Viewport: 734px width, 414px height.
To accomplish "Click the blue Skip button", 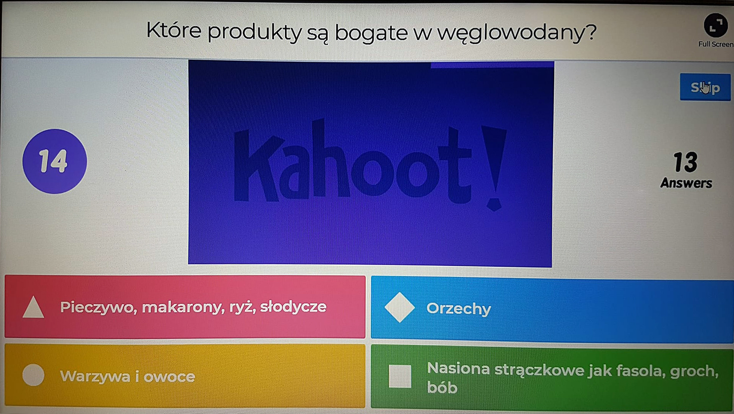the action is (x=705, y=87).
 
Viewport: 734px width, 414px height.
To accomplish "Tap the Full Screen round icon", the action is (x=716, y=25).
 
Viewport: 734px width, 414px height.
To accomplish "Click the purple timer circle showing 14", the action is (x=55, y=161).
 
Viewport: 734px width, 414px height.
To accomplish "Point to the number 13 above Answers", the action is (x=686, y=162).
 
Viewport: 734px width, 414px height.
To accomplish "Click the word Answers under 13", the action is (x=686, y=183).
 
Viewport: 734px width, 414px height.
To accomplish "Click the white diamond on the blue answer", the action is (x=400, y=308).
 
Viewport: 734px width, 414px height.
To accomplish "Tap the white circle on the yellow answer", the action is (x=33, y=375).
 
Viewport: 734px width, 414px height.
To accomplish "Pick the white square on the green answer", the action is (x=400, y=377).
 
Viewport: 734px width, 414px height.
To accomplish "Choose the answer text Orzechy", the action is (x=459, y=309).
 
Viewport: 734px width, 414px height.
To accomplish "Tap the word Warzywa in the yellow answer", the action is (x=95, y=377).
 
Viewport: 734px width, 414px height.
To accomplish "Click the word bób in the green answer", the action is (x=442, y=388).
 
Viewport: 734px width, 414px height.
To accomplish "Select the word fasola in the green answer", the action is (x=641, y=371).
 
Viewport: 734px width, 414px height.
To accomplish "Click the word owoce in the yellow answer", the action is (x=169, y=377).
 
